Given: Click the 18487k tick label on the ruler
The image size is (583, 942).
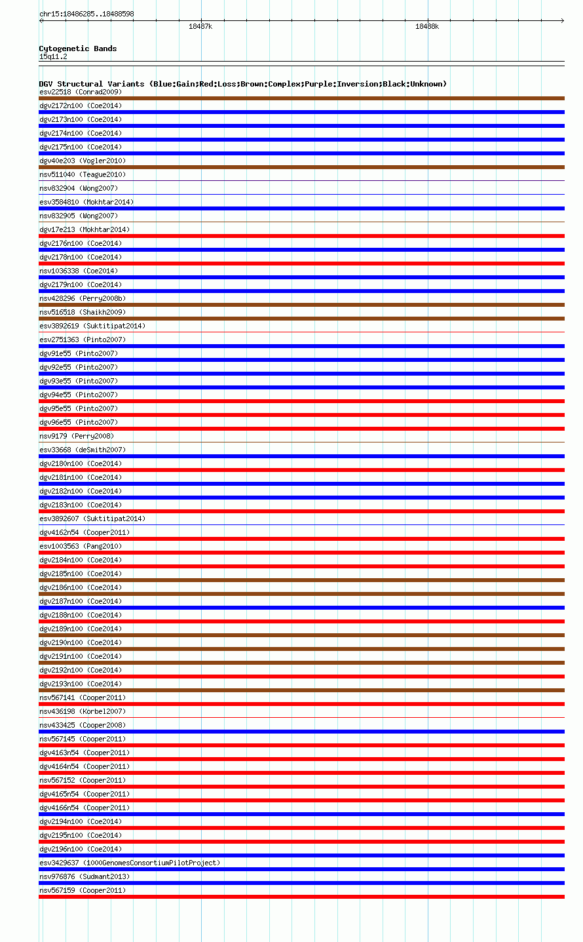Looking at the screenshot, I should [200, 26].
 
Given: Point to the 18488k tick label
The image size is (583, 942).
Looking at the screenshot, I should [426, 26].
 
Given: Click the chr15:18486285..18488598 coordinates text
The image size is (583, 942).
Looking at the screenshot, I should [86, 14].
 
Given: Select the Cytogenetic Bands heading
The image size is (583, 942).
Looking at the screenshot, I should [77, 49].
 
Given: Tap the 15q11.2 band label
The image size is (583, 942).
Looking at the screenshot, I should [53, 56].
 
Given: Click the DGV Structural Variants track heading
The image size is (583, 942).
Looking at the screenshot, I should [242, 84].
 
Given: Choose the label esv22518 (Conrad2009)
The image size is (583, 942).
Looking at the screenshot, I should [81, 92].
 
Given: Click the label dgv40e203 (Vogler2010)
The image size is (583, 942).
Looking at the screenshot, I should [83, 161].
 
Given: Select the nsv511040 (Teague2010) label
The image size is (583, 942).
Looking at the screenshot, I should [83, 174].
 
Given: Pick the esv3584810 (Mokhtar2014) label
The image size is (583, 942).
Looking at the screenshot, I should [86, 202].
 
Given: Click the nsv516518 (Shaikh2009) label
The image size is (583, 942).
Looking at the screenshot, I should [83, 312].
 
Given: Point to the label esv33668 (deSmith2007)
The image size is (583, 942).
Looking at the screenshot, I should [83, 450].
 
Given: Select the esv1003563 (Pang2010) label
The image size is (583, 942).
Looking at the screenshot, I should [81, 546].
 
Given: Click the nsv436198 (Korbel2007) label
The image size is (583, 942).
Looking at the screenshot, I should [83, 711].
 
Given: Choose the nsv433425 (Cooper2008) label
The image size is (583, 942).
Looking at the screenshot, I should [83, 725].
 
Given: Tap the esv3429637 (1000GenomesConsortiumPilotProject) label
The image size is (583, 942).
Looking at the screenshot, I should [130, 863].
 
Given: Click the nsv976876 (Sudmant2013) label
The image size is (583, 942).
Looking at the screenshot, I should [85, 876].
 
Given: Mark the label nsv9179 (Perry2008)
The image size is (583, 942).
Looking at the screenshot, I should [77, 436].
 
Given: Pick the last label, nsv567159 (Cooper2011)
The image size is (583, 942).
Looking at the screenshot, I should [83, 890].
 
